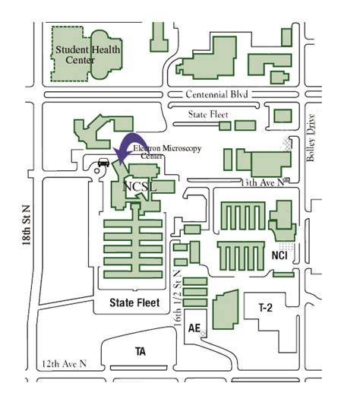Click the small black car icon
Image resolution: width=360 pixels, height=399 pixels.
click(x=104, y=161)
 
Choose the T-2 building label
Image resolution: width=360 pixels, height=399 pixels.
click(x=265, y=308)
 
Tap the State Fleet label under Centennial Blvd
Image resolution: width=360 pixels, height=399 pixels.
click(x=208, y=113)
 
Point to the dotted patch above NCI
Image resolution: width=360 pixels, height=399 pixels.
click(x=286, y=245)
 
